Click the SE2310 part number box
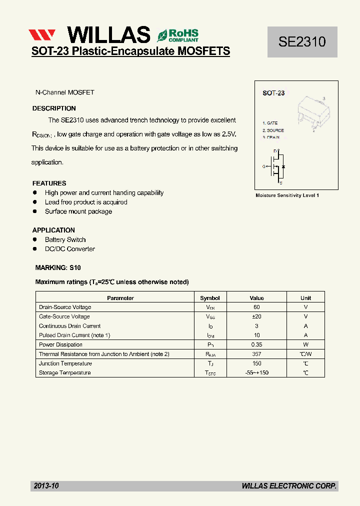[x=302, y=42]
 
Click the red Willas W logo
[x=41, y=35]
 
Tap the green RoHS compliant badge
[x=178, y=34]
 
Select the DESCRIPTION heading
[x=54, y=108]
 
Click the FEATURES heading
[x=49, y=183]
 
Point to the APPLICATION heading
[x=53, y=230]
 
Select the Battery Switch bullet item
[x=65, y=239]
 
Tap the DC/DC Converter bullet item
[x=69, y=249]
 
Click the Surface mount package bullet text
[x=78, y=211]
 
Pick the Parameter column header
[x=120, y=298]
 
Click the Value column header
[x=256, y=298]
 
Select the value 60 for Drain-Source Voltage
[x=256, y=307]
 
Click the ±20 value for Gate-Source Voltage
[x=256, y=316]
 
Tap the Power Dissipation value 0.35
[x=256, y=344]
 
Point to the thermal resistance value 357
[x=256, y=354]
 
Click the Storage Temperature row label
[x=65, y=373]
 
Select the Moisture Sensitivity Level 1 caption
[x=287, y=195]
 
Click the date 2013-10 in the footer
[x=46, y=485]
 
